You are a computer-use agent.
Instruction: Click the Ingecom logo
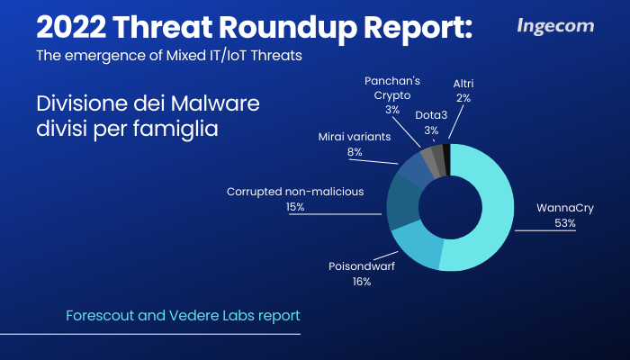click(x=555, y=26)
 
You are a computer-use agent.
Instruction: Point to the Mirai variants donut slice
click(x=416, y=167)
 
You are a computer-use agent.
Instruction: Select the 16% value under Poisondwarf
click(x=362, y=282)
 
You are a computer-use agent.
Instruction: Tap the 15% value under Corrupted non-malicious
click(x=295, y=207)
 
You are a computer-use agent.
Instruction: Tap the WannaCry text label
click(x=565, y=208)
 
